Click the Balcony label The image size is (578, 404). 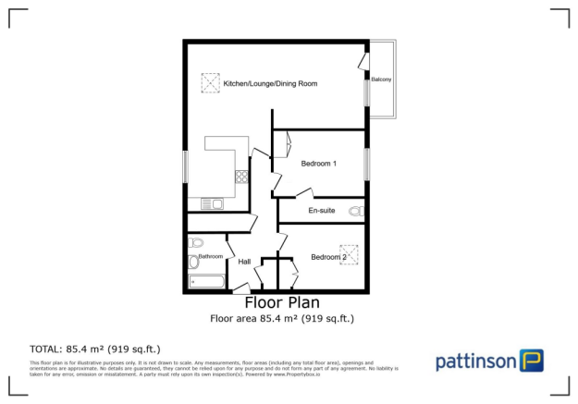tap(381, 80)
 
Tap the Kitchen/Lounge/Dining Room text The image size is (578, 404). tap(270, 84)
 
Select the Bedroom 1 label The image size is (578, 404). tap(318, 164)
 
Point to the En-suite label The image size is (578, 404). tap(321, 211)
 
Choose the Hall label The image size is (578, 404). tap(245, 262)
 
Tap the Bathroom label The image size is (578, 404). tap(210, 256)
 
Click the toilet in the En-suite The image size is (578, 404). tap(355, 213)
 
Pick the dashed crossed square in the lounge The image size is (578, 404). tap(209, 83)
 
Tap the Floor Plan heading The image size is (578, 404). tap(282, 302)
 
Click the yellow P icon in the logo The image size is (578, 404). tap(531, 360)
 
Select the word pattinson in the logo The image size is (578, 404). tap(475, 361)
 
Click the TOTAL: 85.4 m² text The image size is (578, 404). tap(95, 349)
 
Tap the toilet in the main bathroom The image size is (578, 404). tap(193, 243)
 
